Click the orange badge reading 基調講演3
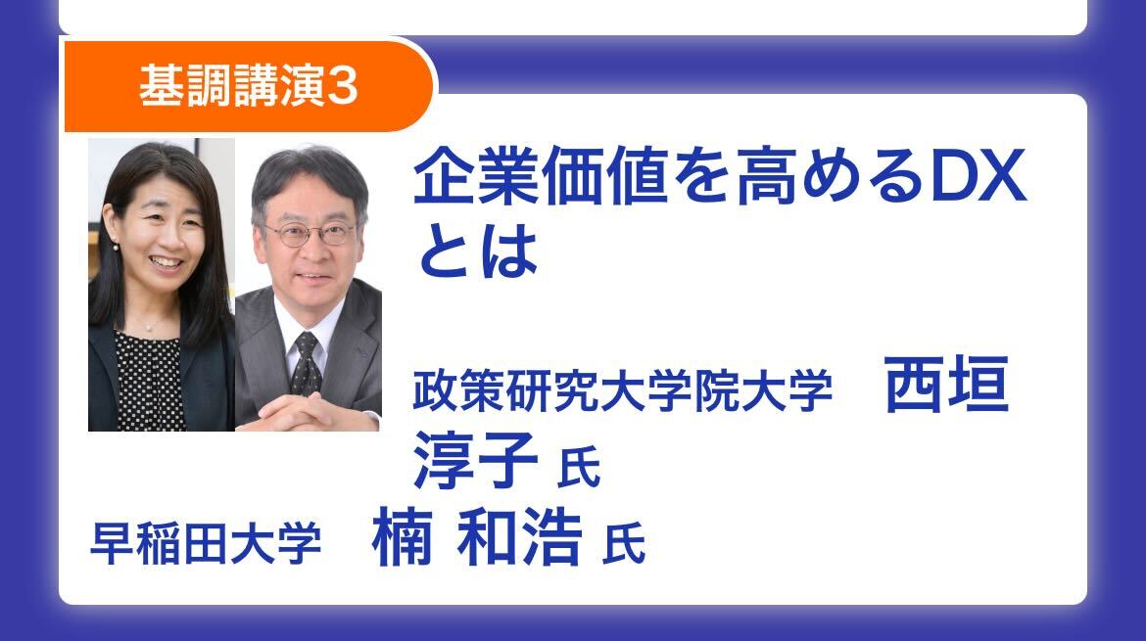250,85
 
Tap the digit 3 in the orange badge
342,86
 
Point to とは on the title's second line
478,252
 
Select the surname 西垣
946,385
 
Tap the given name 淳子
476,459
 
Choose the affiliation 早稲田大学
206,543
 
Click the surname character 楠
402,536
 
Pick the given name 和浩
520,536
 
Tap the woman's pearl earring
116,246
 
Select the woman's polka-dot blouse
149,381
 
